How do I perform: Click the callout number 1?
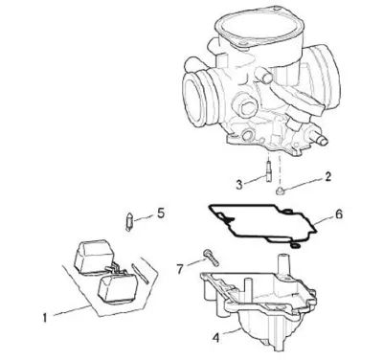click(x=45, y=318)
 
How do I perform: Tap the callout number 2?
click(x=327, y=176)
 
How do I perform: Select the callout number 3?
click(x=239, y=185)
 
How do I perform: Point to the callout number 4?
click(x=216, y=338)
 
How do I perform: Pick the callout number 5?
click(x=161, y=213)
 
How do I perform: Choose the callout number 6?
click(x=339, y=214)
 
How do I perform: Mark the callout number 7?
click(x=180, y=269)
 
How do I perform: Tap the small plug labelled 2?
click(x=280, y=191)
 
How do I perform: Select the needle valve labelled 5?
click(x=129, y=221)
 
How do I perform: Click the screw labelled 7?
click(x=211, y=258)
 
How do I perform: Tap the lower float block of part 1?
click(x=118, y=287)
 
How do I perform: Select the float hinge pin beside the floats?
click(x=140, y=274)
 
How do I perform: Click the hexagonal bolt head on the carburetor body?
click(x=246, y=108)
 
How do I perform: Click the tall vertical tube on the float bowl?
click(x=282, y=265)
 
